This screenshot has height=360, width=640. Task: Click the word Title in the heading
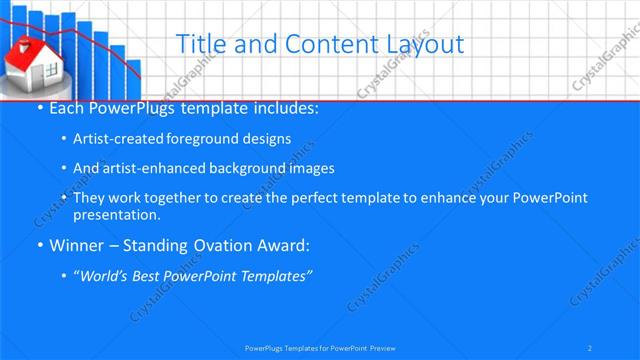point(198,43)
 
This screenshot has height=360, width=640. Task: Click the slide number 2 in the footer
point(590,347)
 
